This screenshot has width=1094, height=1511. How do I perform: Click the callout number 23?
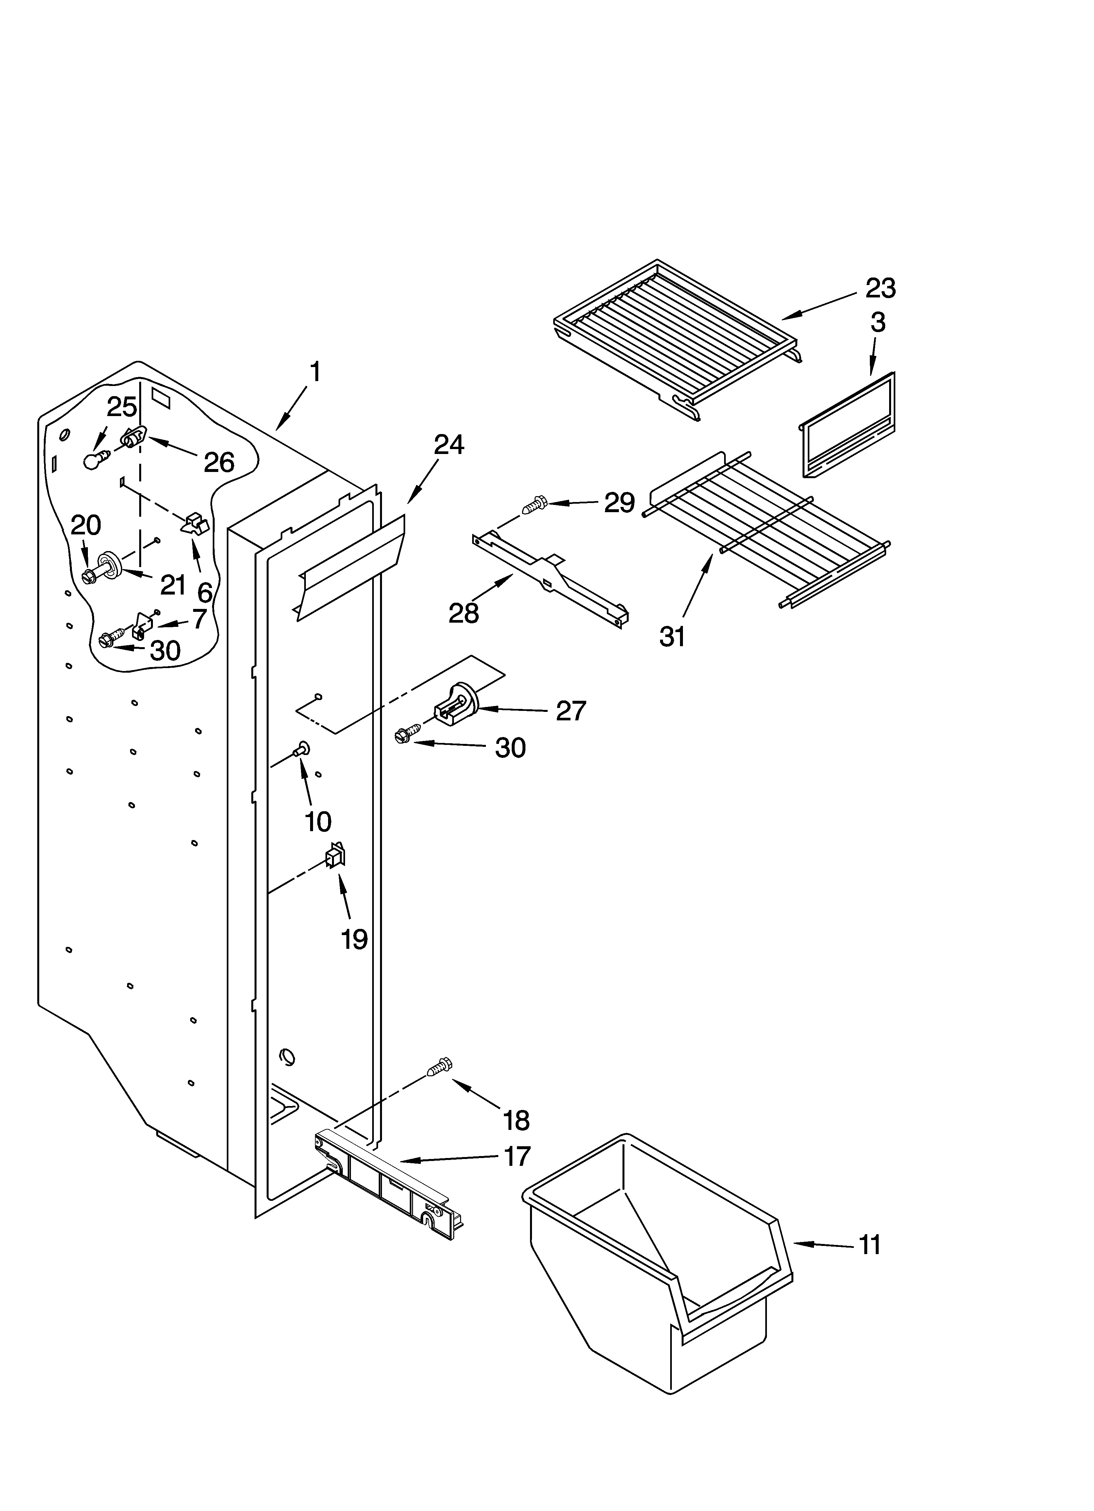[x=880, y=289]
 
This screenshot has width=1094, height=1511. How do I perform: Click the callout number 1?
[x=315, y=372]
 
